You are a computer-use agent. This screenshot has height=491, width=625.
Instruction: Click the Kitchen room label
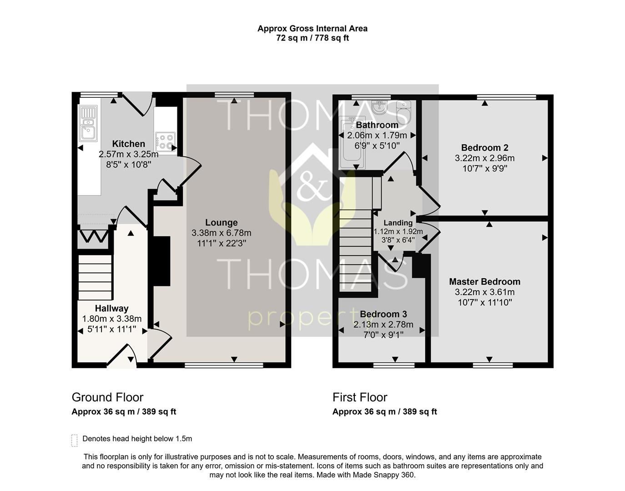128,144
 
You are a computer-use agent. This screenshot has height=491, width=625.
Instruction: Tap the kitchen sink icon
88,123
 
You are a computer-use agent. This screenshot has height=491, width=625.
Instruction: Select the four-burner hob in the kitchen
165,141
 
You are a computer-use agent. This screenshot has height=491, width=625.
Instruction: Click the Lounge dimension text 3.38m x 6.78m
221,233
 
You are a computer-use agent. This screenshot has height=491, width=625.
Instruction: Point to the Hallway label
111,308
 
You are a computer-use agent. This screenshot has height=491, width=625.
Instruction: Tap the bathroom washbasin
379,107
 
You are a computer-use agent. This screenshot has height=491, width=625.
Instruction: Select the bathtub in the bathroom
351,142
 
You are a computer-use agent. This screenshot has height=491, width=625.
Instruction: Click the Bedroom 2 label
484,148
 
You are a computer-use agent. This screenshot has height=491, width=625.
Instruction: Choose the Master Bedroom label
484,282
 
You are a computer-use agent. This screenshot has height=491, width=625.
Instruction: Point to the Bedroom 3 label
383,314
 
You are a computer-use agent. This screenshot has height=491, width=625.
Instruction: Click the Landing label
398,223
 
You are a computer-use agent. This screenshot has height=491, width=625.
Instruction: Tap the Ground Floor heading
107,397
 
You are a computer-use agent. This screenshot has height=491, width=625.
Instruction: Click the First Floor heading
360,397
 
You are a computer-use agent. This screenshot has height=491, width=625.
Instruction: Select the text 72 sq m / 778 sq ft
312,38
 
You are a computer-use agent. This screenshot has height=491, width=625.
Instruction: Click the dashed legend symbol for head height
75,440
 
